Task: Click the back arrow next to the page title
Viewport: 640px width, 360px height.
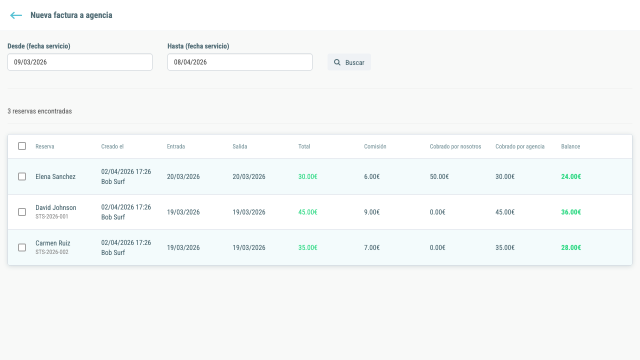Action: pyautogui.click(x=16, y=15)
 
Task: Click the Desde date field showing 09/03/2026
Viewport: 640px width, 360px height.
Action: pyautogui.click(x=80, y=62)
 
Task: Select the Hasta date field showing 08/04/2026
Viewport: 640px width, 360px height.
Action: pyautogui.click(x=240, y=62)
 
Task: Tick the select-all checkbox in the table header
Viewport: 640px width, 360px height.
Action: pyautogui.click(x=22, y=146)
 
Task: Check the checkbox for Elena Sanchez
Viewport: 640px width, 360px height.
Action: pyautogui.click(x=22, y=176)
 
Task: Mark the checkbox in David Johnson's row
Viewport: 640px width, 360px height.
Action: pyautogui.click(x=22, y=212)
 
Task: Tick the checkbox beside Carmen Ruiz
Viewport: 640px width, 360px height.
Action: pyautogui.click(x=22, y=247)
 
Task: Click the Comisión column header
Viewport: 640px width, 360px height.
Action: pyautogui.click(x=375, y=146)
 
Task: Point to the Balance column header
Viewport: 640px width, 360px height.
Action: pyautogui.click(x=570, y=146)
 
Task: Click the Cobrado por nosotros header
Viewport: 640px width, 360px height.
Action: pyautogui.click(x=455, y=146)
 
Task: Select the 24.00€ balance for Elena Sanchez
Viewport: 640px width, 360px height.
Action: pyautogui.click(x=571, y=176)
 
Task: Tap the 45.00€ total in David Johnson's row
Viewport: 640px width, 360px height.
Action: pyautogui.click(x=307, y=212)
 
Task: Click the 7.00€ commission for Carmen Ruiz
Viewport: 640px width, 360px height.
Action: pyautogui.click(x=371, y=247)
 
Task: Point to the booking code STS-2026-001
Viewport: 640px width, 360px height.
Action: pyautogui.click(x=51, y=216)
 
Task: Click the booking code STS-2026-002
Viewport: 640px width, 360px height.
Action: pyautogui.click(x=51, y=252)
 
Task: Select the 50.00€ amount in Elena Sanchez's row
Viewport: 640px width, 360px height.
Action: pyautogui.click(x=439, y=176)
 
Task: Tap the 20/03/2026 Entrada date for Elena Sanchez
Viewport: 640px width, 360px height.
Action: pyautogui.click(x=183, y=176)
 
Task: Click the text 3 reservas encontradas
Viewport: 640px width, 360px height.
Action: pyautogui.click(x=39, y=111)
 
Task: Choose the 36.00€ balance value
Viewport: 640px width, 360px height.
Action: pyautogui.click(x=571, y=212)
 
